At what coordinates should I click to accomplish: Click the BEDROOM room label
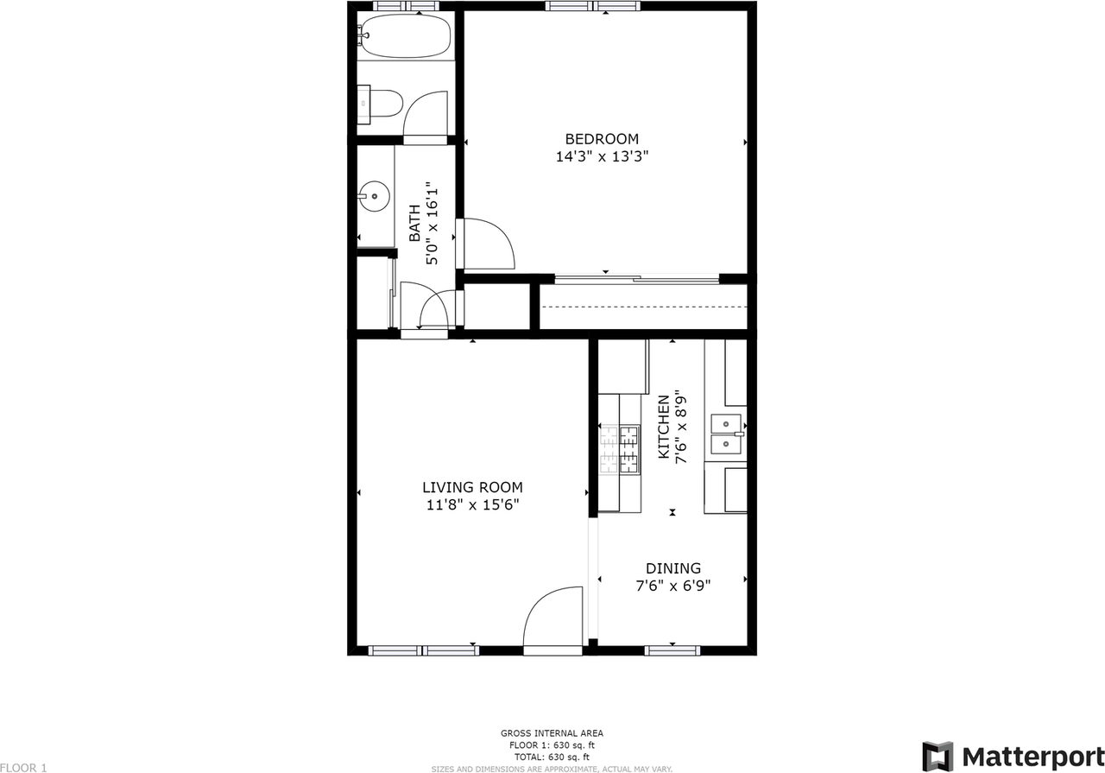click(x=602, y=139)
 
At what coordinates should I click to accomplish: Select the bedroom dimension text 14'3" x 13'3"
click(x=602, y=157)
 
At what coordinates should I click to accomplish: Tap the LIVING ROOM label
click(x=472, y=487)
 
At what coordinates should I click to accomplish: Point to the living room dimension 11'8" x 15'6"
click(x=472, y=505)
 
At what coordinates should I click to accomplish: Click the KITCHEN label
click(x=664, y=428)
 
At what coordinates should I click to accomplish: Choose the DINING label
click(x=673, y=568)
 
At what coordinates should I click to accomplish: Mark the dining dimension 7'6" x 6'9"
click(x=673, y=586)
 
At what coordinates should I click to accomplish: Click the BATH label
click(x=414, y=222)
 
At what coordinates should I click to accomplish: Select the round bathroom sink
click(x=375, y=196)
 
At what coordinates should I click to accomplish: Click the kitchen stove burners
click(x=620, y=449)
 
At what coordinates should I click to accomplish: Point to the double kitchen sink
click(x=725, y=434)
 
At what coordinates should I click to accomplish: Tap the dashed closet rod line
click(x=643, y=307)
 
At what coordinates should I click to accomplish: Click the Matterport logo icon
click(x=938, y=756)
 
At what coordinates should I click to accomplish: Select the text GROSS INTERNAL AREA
click(x=552, y=733)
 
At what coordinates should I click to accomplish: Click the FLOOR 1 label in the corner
click(x=23, y=767)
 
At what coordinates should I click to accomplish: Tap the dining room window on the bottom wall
click(x=672, y=650)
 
